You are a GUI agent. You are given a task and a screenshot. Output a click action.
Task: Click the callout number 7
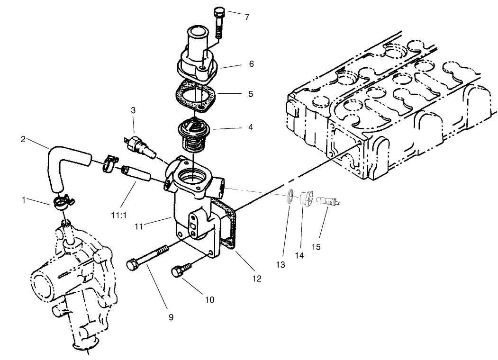[x=247, y=17]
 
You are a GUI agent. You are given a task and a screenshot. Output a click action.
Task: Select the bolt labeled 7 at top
[x=219, y=22]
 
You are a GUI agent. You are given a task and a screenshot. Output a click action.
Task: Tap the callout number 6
[x=251, y=64]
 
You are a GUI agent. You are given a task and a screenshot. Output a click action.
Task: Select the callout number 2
[x=23, y=139]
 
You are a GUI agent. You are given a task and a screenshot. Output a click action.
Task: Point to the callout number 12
[x=256, y=279]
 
